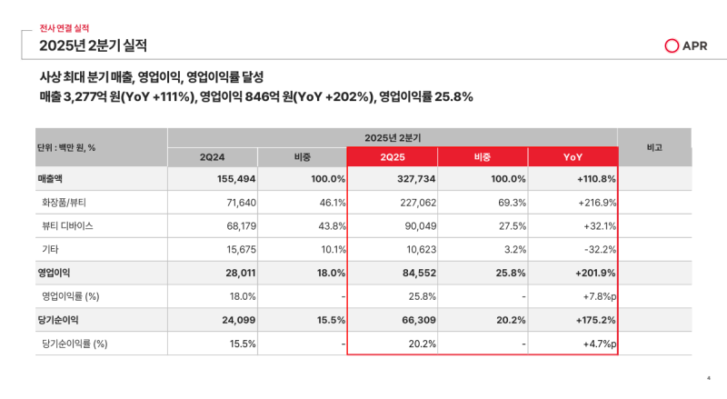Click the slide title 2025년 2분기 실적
tap(93, 45)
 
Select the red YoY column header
tap(573, 157)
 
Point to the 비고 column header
tap(653, 146)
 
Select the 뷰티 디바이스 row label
tap(67, 225)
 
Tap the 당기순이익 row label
tap(60, 320)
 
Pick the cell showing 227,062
tap(415, 202)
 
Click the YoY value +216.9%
tap(597, 202)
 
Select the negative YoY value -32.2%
tap(599, 249)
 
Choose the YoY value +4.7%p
tap(599, 344)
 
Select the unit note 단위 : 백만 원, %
tap(66, 147)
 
